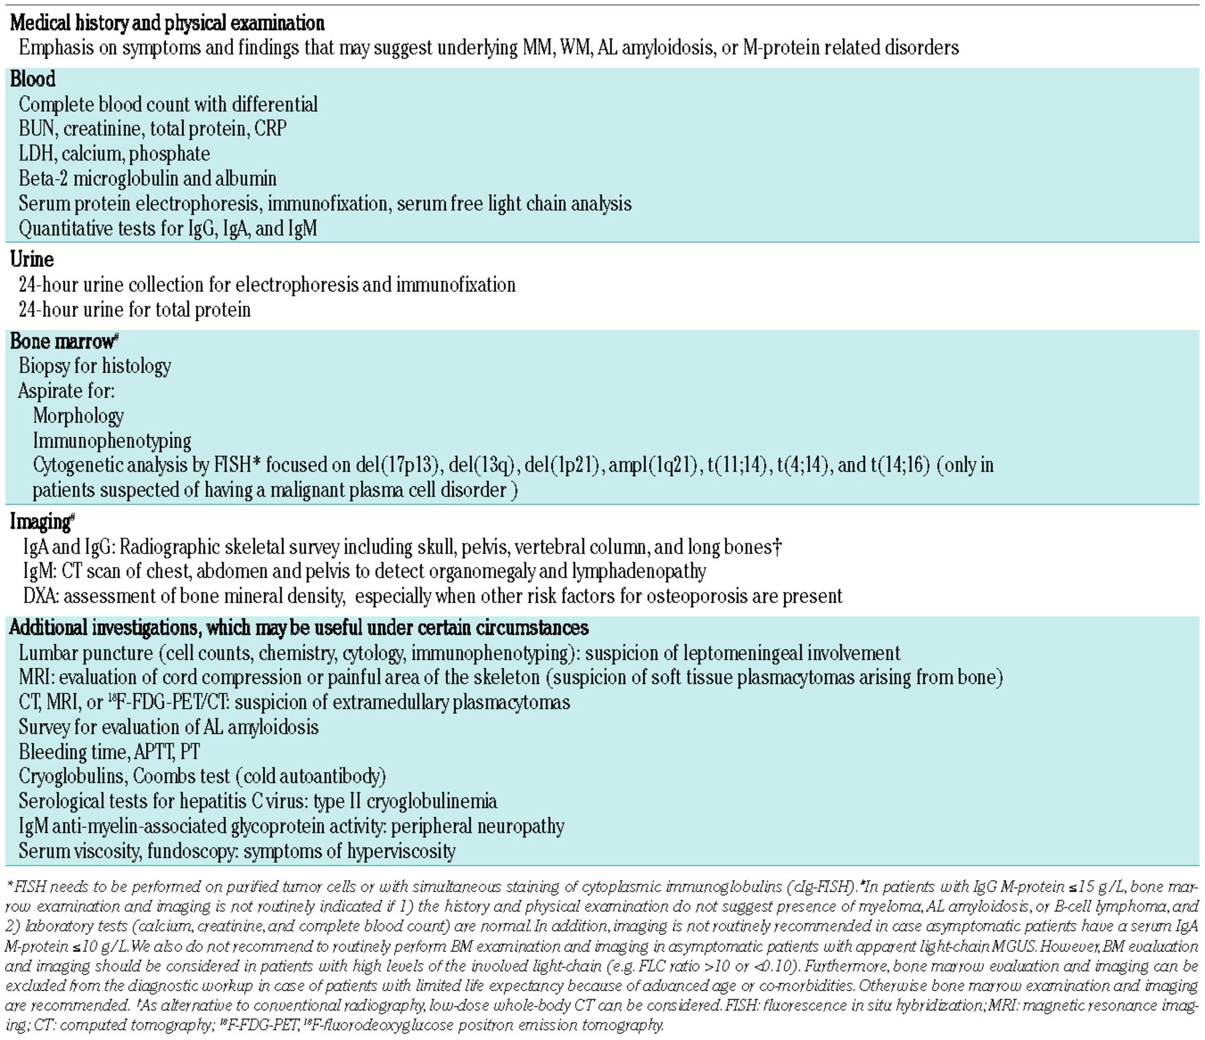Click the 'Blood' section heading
pos(32,79)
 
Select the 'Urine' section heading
pos(31,259)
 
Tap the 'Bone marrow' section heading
pos(62,341)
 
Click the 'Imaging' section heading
pos(40,521)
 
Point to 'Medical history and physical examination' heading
pos(167,23)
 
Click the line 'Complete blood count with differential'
pos(168,104)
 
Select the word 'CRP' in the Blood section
pos(270,128)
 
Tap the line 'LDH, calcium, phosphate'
pos(114,154)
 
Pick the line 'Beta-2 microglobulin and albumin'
pos(147,179)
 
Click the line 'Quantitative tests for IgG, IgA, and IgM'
pos(167,229)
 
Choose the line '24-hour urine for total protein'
pos(135,310)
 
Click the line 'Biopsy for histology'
pos(94,366)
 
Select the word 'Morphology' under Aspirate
pos(78,416)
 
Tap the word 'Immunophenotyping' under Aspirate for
pos(112,441)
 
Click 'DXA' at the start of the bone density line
pos(39,596)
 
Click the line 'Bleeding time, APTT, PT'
pos(109,752)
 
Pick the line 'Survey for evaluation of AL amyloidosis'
pos(169,727)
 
